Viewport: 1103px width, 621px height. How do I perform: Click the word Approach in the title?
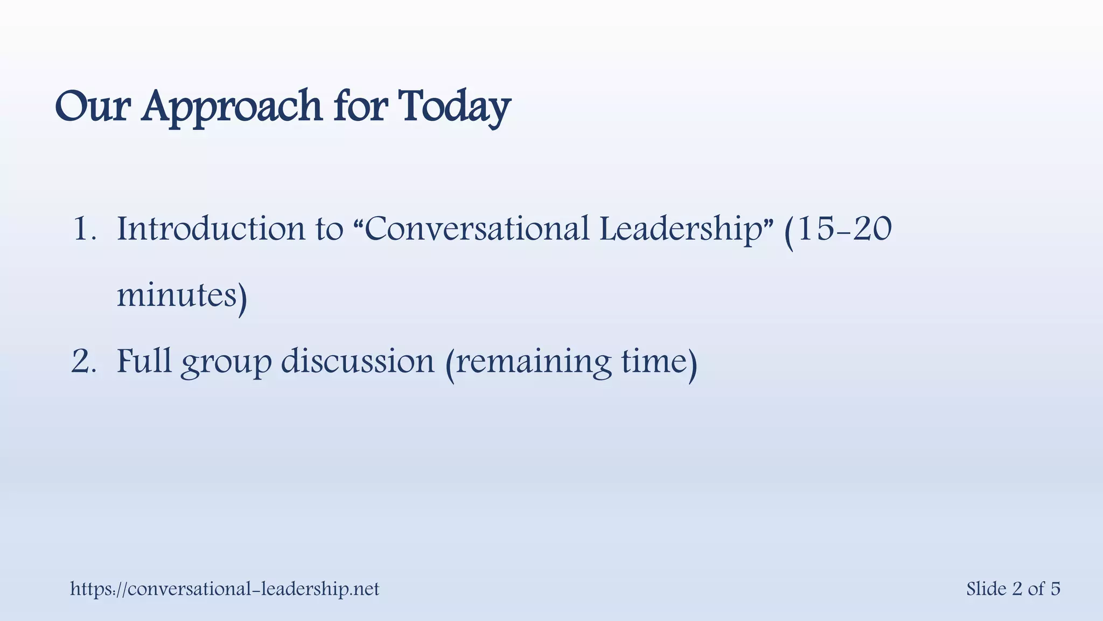tap(233, 106)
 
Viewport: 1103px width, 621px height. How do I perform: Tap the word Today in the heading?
tap(454, 106)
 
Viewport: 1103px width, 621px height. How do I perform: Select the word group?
tap(226, 362)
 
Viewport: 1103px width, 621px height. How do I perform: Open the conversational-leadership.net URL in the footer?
tap(225, 589)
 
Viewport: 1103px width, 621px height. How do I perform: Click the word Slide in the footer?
tap(986, 589)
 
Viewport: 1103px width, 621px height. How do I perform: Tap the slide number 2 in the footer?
tap(1017, 589)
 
